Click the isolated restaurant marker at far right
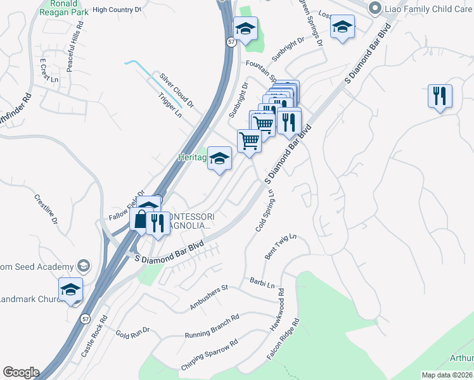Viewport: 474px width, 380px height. point(440,97)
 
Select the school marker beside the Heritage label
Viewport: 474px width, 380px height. point(220,160)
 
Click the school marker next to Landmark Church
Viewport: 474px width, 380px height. point(71,290)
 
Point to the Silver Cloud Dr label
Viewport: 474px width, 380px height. point(177,89)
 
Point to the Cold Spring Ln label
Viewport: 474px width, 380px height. point(265,210)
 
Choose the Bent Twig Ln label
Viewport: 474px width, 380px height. point(281,246)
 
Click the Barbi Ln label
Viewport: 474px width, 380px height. point(262,282)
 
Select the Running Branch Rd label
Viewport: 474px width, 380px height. point(212,326)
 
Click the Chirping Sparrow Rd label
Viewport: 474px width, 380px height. point(209,355)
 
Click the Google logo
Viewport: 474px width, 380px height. point(21,372)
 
